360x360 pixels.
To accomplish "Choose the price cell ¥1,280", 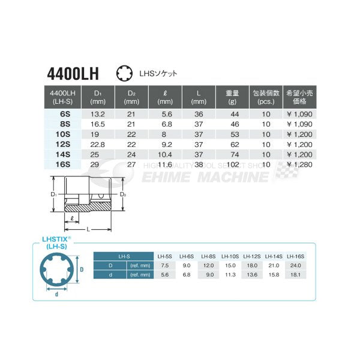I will click(x=296, y=163).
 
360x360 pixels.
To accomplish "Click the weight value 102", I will click(x=233, y=163).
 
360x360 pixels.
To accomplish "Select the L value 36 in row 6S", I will click(x=199, y=113).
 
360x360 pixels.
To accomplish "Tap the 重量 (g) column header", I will click(x=233, y=97).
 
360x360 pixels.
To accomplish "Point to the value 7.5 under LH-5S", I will click(x=164, y=265).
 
